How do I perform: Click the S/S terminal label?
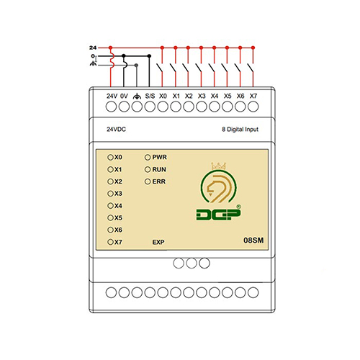[x=150, y=96]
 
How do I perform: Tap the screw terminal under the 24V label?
[x=111, y=107]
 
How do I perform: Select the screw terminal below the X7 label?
[x=253, y=107]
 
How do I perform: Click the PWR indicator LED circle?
[x=148, y=158]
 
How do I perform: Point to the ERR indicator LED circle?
[x=148, y=181]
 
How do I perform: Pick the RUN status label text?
[x=159, y=169]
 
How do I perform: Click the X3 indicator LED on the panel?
[x=110, y=194]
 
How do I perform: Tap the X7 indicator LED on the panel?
[x=110, y=242]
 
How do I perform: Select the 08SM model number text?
[x=253, y=240]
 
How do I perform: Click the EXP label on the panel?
[x=158, y=242]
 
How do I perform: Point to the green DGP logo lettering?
[x=218, y=215]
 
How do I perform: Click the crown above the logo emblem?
[x=219, y=166]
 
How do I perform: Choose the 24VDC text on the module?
[x=116, y=129]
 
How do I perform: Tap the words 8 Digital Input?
[x=240, y=130]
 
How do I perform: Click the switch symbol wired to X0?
[x=160, y=68]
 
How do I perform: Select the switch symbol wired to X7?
[x=251, y=68]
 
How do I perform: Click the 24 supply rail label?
[x=93, y=48]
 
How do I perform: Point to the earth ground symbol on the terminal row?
[x=137, y=96]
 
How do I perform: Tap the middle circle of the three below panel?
[x=192, y=263]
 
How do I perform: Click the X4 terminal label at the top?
[x=215, y=96]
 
